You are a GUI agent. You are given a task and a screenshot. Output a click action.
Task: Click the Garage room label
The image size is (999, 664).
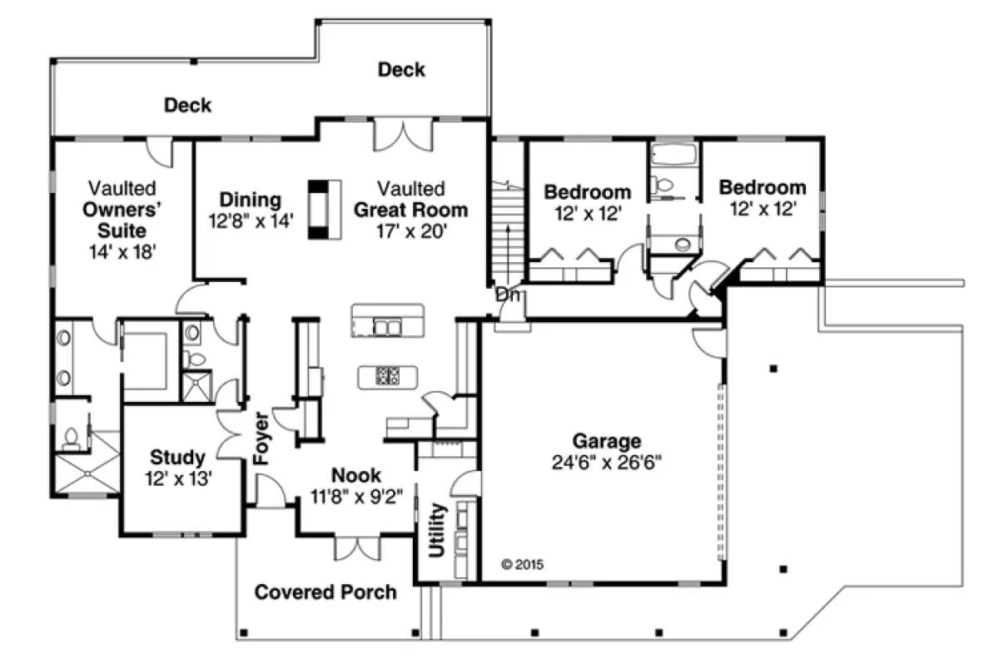607,441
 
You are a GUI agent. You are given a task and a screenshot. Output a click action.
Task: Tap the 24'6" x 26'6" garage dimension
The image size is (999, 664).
607,463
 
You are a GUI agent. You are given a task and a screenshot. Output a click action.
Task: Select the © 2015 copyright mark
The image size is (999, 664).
522,565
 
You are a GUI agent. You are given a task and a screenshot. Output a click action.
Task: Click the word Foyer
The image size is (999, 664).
261,439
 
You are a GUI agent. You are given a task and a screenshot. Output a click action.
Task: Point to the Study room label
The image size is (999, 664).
177,458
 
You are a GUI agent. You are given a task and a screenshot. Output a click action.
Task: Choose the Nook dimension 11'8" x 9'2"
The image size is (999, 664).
356,497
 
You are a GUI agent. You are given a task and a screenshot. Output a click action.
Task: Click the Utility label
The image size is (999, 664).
437,530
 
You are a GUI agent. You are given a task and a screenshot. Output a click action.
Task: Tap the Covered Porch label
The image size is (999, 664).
326,592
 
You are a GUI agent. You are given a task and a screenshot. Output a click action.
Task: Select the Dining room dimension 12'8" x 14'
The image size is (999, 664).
251,221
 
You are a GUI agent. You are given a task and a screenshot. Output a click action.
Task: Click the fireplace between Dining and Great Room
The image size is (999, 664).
325,210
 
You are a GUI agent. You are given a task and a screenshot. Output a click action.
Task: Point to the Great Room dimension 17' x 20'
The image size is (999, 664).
411,231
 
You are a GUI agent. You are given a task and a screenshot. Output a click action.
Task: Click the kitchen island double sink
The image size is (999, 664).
387,328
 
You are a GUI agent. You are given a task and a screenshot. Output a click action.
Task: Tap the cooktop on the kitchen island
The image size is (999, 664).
387,375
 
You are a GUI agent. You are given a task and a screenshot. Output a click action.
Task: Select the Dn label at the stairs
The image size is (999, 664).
508,295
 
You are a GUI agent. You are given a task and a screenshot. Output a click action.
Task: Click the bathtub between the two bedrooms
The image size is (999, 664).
673,155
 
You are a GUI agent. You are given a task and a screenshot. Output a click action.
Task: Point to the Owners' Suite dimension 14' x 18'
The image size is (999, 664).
122,252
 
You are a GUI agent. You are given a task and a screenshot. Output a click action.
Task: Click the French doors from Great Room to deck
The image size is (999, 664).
403,134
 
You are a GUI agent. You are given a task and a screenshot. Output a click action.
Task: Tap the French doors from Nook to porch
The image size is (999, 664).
357,548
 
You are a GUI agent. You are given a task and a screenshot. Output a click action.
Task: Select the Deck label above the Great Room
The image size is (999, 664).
401,70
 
